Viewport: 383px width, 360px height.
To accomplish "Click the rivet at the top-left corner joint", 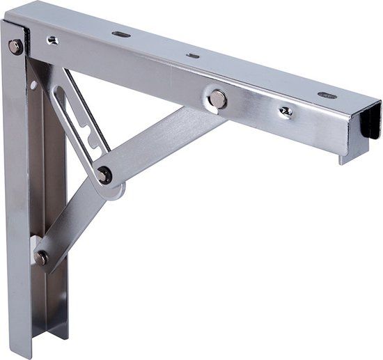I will [15, 47].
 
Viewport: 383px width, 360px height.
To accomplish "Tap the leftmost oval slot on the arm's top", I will [121, 34].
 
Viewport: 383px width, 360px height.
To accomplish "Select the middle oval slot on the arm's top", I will [193, 55].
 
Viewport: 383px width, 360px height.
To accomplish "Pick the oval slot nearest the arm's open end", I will [327, 95].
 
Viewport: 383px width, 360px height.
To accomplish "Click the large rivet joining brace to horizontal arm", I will [217, 99].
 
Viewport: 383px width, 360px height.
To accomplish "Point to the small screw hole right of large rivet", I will [286, 111].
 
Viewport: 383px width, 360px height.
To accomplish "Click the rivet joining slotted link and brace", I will [104, 175].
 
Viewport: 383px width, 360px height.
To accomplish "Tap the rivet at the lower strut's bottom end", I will [42, 257].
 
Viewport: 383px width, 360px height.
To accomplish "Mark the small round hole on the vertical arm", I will [33, 85].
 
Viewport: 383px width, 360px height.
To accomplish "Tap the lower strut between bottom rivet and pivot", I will [70, 219].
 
